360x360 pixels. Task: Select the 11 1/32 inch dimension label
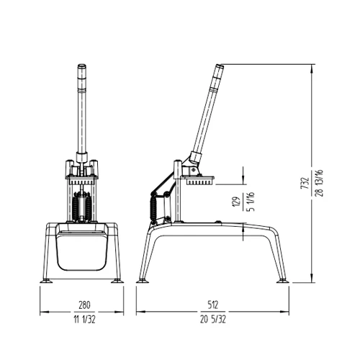click(80, 318)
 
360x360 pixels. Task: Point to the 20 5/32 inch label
click(214, 318)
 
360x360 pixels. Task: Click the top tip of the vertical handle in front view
click(80, 67)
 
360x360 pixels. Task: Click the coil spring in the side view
click(153, 209)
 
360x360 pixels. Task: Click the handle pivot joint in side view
click(193, 158)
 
